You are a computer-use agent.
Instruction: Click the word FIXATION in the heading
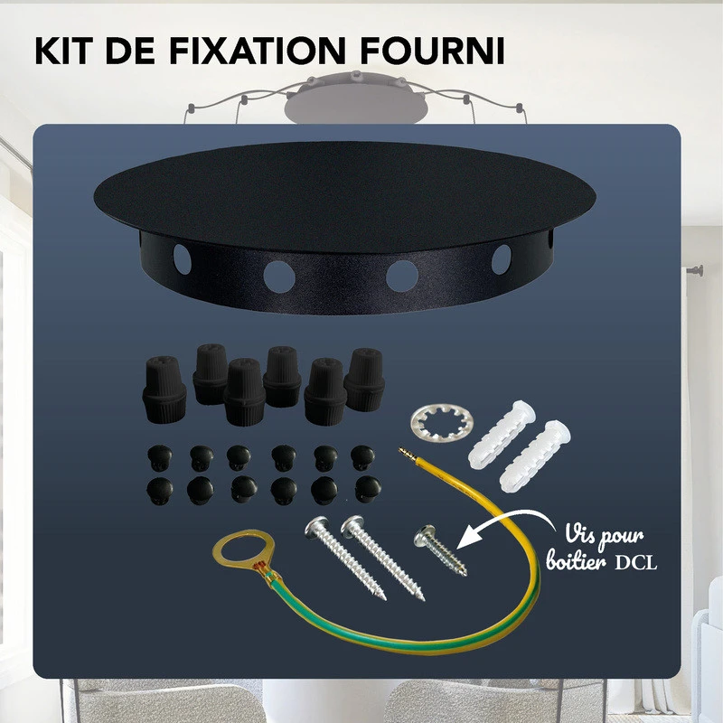pyautogui.click(x=261, y=51)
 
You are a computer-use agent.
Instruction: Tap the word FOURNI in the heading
pyautogui.click(x=432, y=51)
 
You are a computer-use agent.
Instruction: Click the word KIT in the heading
pyautogui.click(x=69, y=51)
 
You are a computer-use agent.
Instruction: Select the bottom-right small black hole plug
pyautogui.click(x=368, y=488)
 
